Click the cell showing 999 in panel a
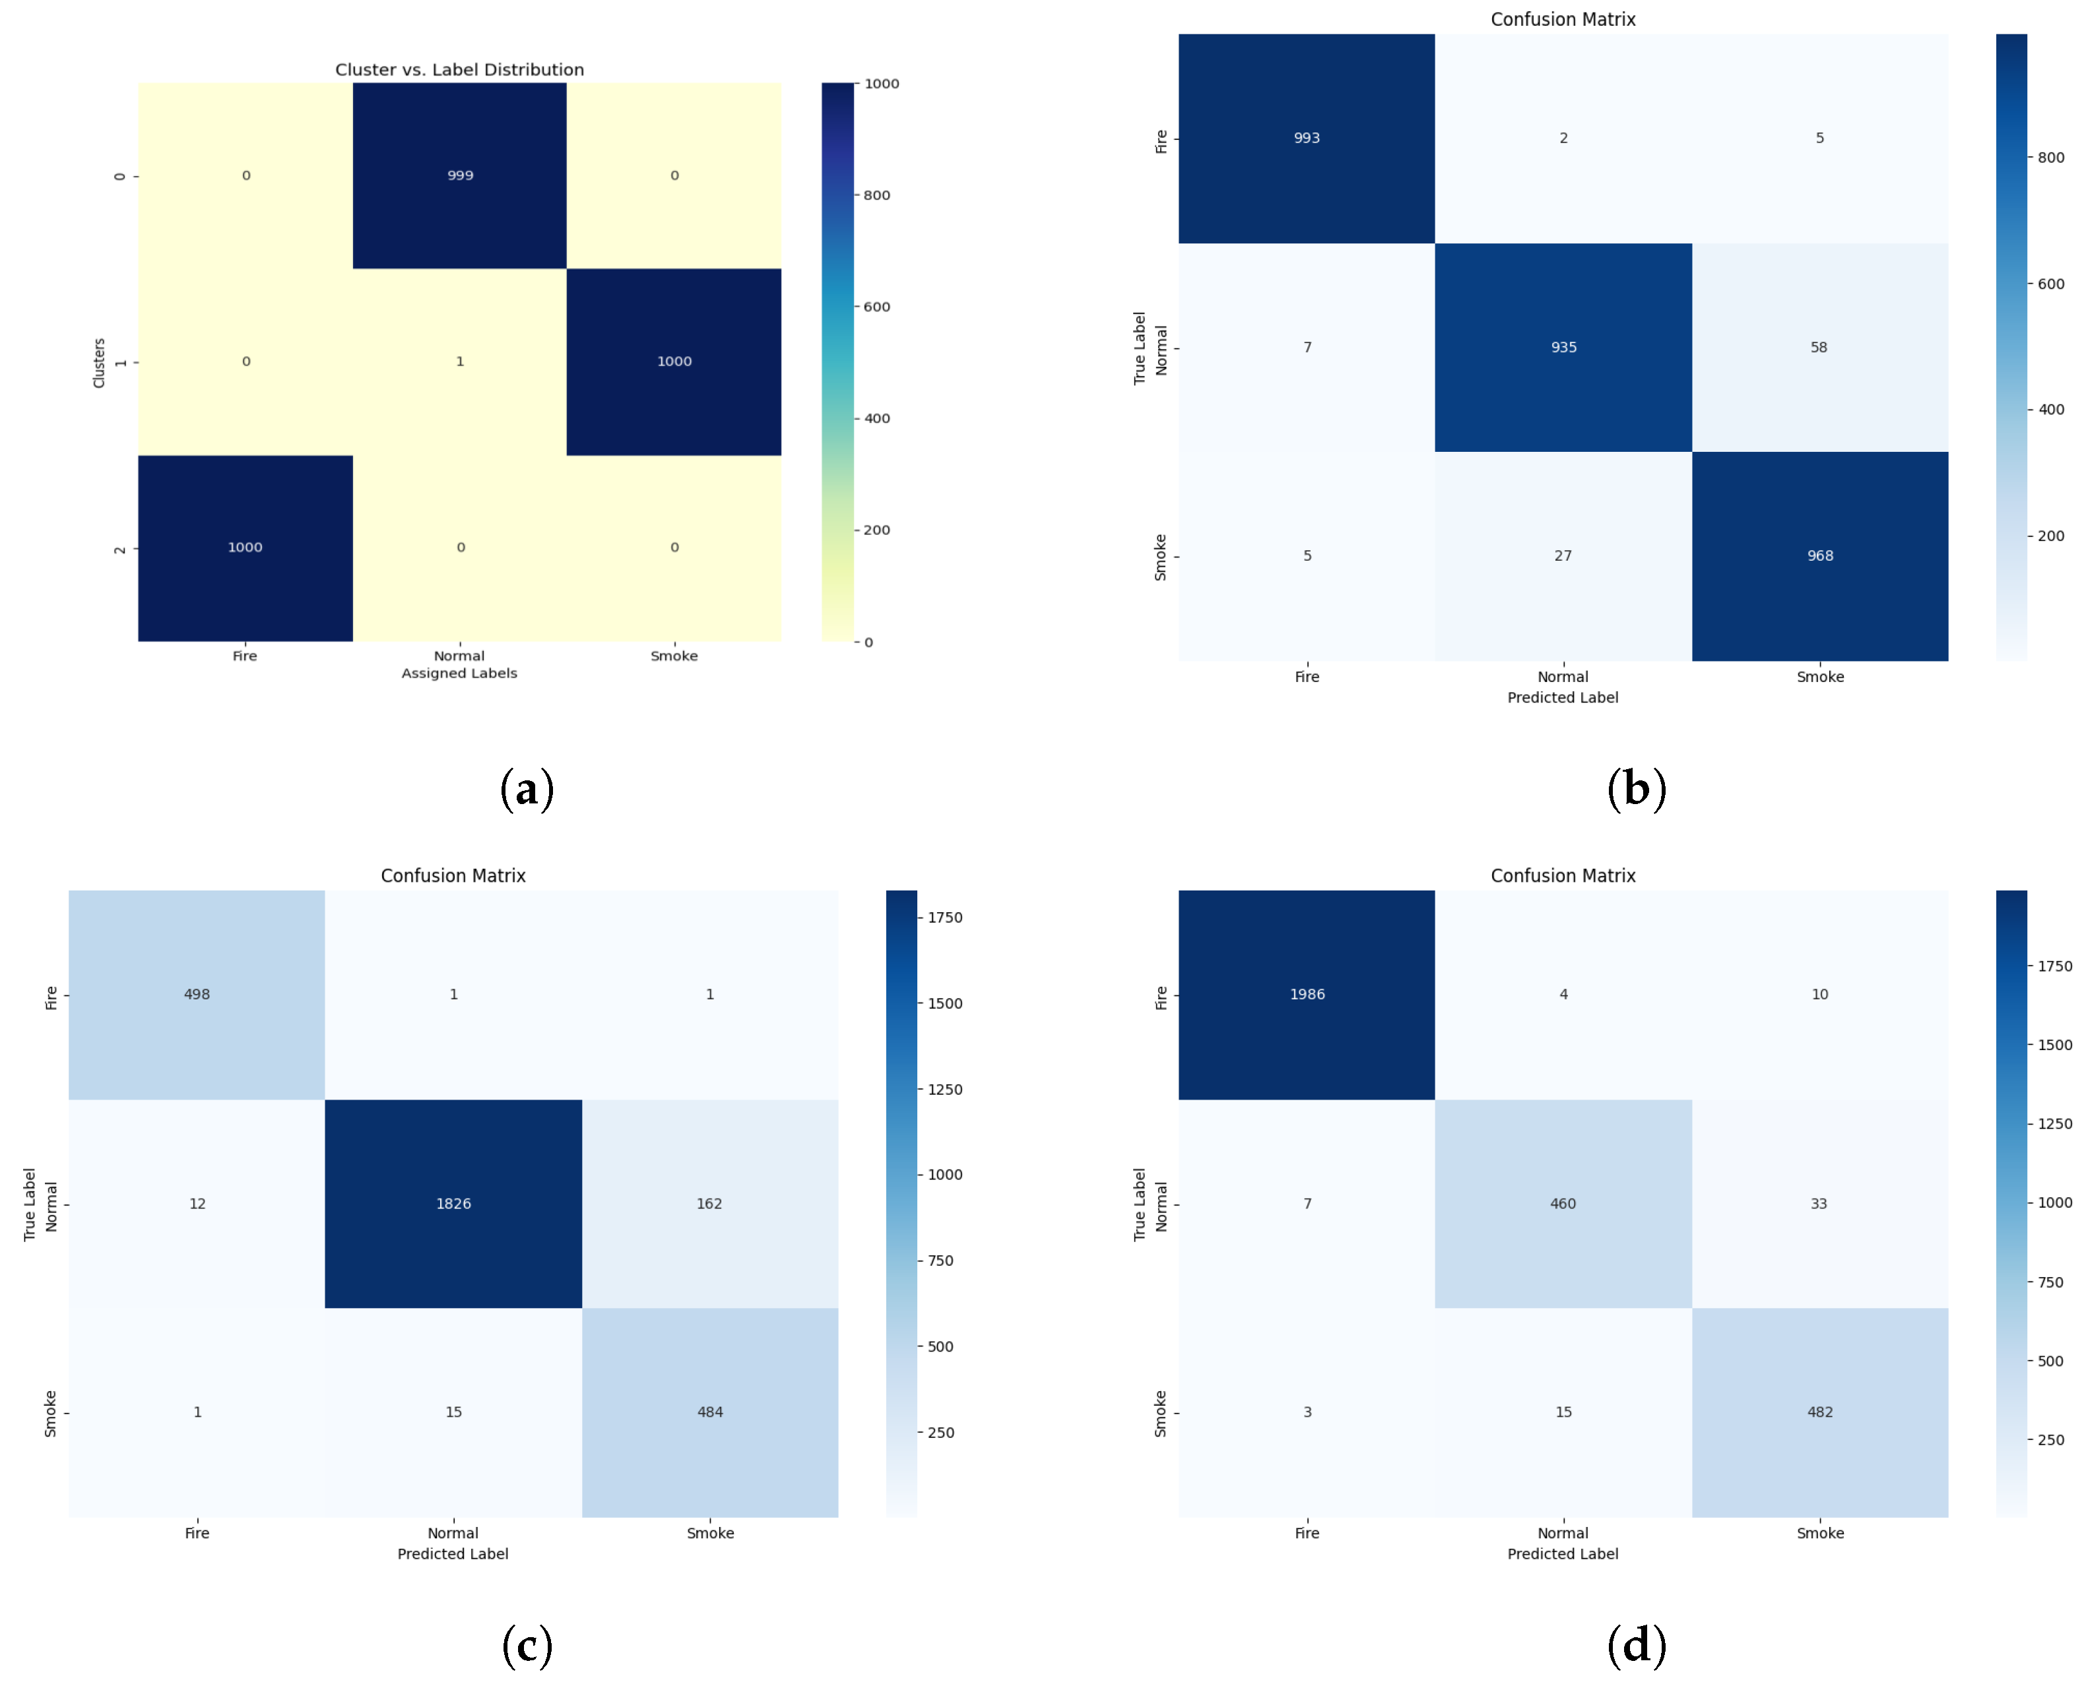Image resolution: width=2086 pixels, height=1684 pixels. tap(460, 175)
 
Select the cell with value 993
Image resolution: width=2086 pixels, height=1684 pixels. tap(1306, 138)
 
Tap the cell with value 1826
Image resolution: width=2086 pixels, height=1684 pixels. tap(453, 1203)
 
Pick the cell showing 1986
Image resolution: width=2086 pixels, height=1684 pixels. tap(1306, 993)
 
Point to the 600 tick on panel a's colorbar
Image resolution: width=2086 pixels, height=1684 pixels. tap(876, 307)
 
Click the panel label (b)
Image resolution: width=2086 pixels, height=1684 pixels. tap(1636, 789)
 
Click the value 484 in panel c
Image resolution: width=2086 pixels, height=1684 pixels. tap(709, 1412)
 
